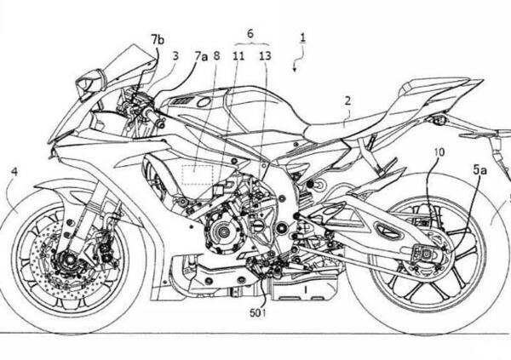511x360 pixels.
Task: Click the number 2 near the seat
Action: (x=347, y=100)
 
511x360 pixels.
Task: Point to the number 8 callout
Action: (x=217, y=56)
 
